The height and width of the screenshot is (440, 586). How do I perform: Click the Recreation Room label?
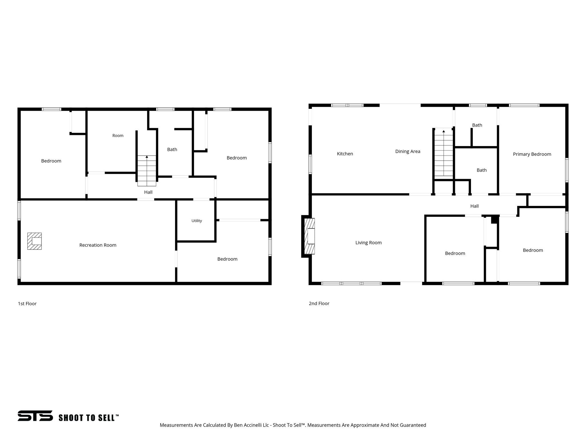(x=98, y=245)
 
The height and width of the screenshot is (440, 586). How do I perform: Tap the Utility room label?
(x=197, y=221)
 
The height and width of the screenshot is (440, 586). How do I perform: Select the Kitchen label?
(x=345, y=154)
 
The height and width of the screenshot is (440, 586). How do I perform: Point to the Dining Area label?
(x=408, y=152)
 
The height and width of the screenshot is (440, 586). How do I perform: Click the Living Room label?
(x=369, y=243)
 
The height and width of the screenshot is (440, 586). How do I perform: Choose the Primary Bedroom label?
(x=532, y=154)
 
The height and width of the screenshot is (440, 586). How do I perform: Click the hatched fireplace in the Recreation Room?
(x=34, y=241)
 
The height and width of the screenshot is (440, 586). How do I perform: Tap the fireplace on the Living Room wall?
(x=309, y=236)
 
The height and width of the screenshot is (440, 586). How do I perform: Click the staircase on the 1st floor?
(x=147, y=171)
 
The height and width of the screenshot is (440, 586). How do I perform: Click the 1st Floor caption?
(x=27, y=304)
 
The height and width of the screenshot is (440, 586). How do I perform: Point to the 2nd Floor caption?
(x=319, y=303)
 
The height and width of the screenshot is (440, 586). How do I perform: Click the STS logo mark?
(x=35, y=416)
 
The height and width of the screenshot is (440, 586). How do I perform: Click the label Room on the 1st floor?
(x=118, y=135)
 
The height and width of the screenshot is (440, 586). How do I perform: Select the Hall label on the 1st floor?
(x=148, y=192)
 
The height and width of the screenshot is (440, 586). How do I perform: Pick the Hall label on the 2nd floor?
(x=474, y=206)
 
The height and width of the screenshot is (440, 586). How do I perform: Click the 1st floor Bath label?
(x=172, y=150)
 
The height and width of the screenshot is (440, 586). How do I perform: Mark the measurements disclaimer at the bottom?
(x=293, y=425)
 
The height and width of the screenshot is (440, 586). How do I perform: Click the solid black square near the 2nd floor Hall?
(x=495, y=220)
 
